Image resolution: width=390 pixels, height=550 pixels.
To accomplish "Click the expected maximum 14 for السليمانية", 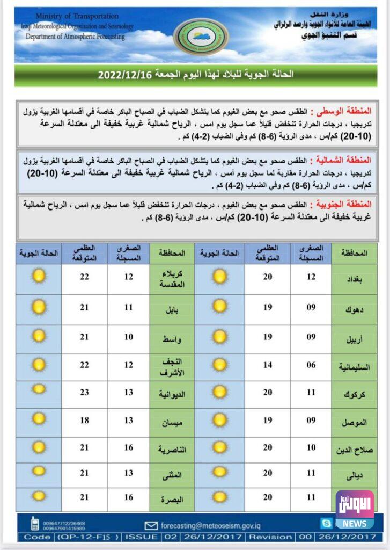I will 268,365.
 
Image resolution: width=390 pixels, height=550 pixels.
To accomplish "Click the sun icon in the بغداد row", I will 219,277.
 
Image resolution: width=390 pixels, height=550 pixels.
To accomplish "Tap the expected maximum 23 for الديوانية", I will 84,393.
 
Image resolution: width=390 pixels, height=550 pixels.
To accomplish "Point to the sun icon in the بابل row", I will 38,307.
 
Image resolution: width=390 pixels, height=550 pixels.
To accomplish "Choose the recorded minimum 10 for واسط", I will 128,337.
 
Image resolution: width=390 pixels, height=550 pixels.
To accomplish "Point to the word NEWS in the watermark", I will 355,524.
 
